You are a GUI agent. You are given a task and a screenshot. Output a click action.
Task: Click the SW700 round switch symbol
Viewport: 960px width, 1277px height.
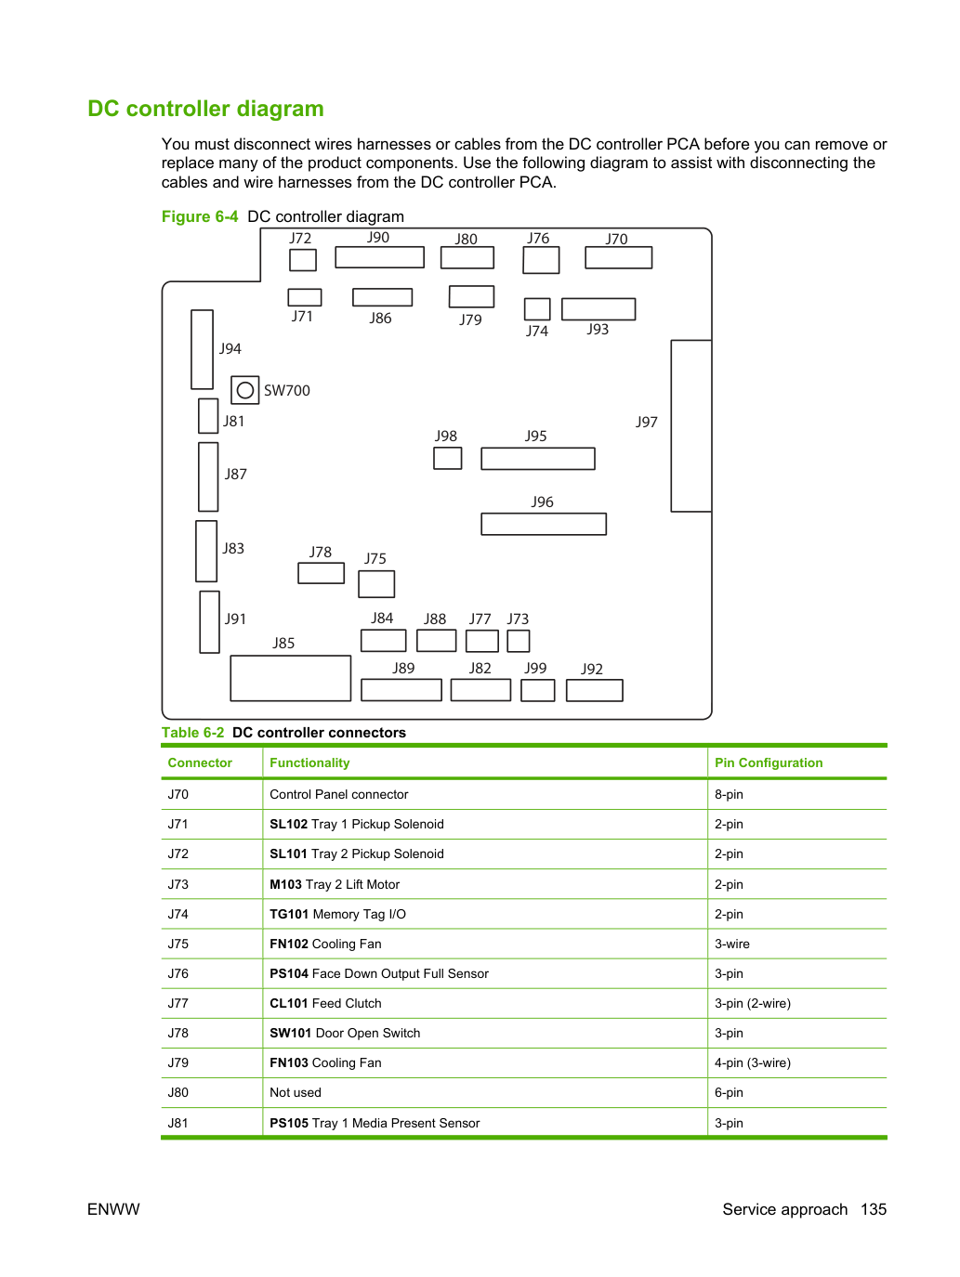245,390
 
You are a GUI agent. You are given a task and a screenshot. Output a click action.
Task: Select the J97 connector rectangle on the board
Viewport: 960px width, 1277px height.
691,426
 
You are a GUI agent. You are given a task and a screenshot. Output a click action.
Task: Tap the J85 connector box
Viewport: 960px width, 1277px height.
291,678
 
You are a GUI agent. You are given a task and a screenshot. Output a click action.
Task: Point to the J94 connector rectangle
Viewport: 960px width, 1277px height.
202,349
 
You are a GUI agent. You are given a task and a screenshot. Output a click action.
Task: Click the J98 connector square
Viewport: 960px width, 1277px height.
448,458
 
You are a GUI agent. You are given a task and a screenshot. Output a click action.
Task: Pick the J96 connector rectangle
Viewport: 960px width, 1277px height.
544,524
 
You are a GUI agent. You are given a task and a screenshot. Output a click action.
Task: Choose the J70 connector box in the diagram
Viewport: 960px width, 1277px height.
618,257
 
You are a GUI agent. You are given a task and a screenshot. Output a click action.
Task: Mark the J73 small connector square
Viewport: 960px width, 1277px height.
519,641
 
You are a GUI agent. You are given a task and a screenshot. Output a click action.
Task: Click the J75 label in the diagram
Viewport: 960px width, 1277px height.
375,558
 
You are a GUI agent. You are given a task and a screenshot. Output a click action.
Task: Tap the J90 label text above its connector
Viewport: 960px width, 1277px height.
378,238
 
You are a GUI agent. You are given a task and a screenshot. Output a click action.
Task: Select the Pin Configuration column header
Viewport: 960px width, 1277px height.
769,762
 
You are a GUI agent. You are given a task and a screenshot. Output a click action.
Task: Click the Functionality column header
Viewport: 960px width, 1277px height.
309,762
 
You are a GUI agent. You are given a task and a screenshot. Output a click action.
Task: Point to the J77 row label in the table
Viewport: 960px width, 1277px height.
178,1003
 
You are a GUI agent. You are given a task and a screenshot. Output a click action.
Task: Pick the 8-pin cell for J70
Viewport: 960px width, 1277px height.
729,794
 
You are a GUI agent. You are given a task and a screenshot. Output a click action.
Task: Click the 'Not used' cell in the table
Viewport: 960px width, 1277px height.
296,1092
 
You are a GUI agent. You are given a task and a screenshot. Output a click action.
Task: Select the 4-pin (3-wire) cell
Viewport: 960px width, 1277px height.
753,1062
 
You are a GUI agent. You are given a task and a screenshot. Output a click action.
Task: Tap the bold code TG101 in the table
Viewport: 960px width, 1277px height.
289,914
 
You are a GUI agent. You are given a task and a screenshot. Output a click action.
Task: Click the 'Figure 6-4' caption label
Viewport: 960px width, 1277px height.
200,216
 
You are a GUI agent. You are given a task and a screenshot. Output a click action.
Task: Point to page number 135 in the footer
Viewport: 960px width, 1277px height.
874,1209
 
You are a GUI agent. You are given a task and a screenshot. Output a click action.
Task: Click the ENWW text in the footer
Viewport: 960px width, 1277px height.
113,1209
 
